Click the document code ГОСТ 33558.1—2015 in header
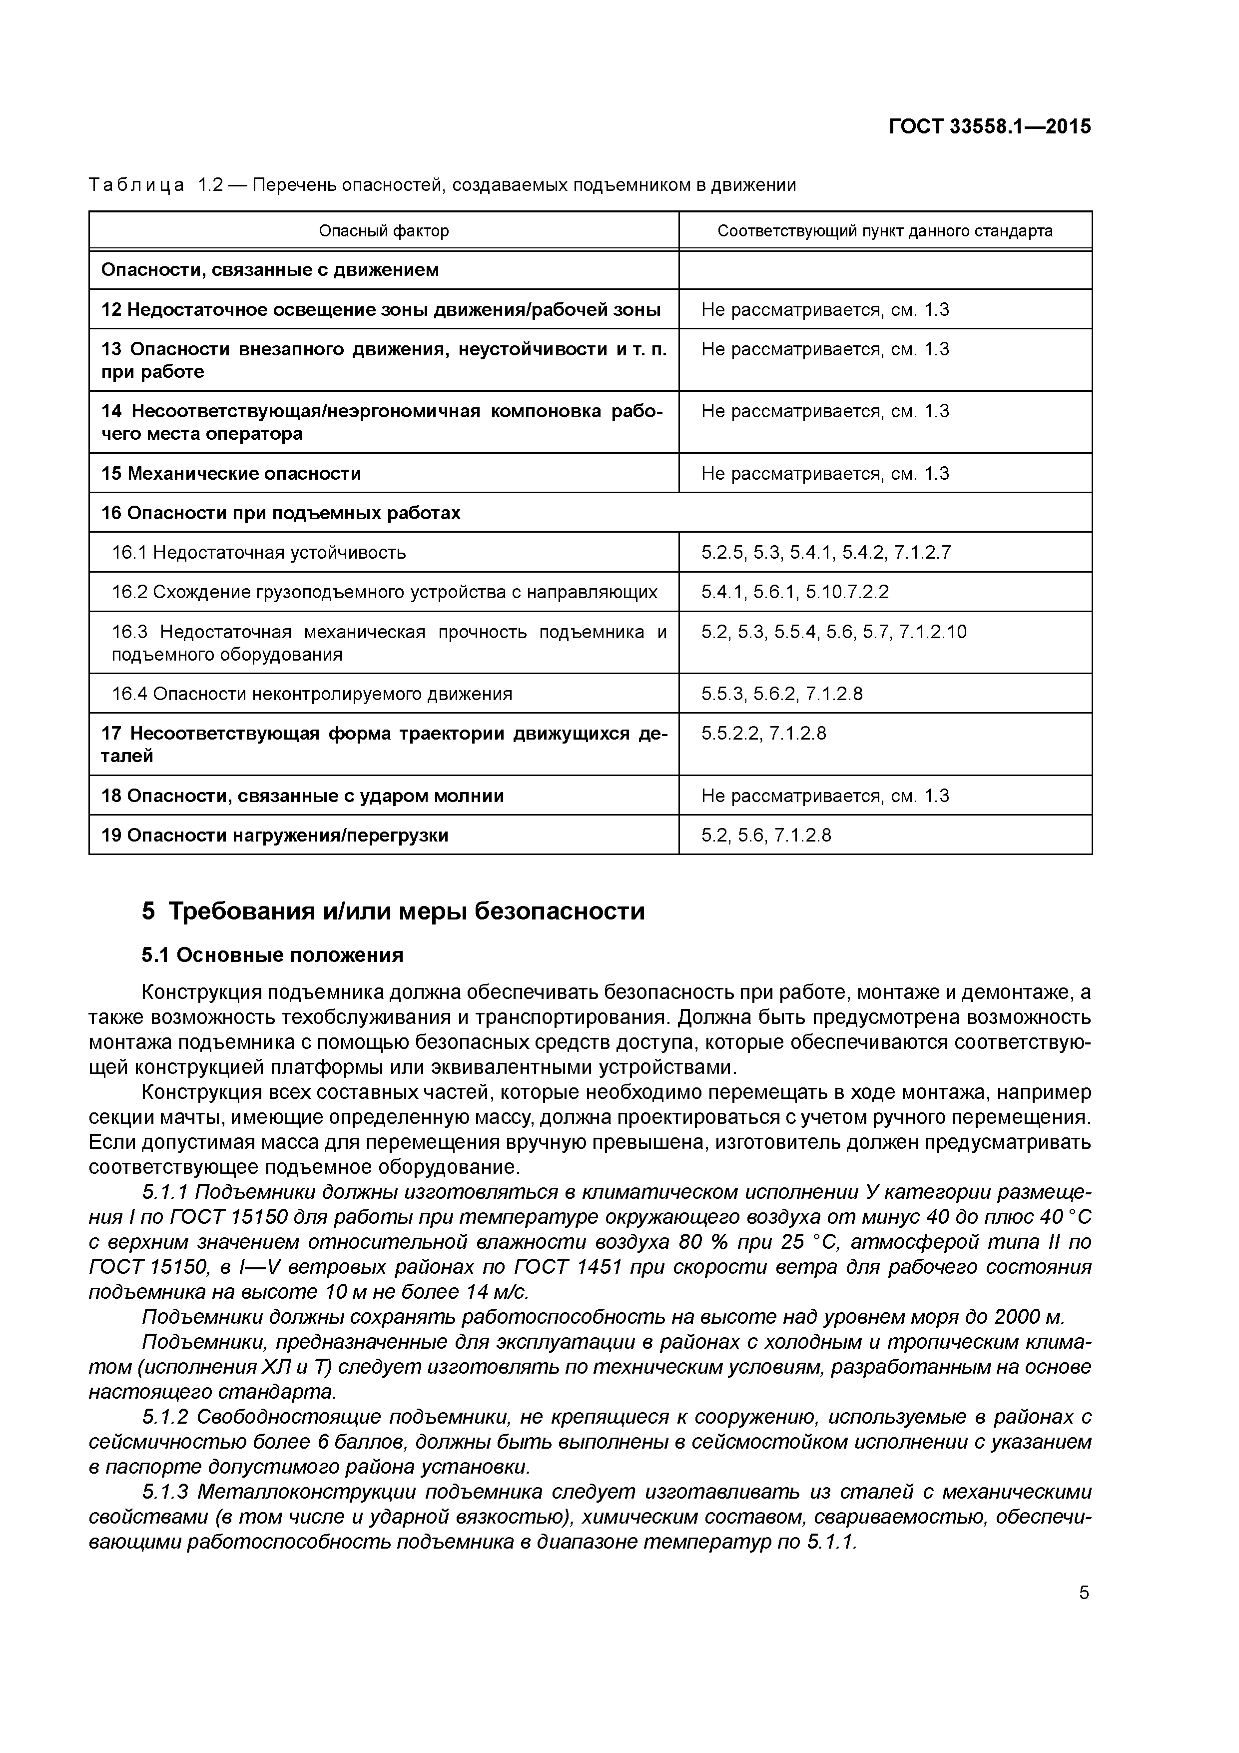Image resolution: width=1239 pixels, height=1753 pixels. pyautogui.click(x=989, y=127)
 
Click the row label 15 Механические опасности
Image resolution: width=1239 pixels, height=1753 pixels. pyautogui.click(x=231, y=473)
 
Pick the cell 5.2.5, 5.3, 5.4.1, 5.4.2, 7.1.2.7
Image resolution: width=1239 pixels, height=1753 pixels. pyautogui.click(x=826, y=552)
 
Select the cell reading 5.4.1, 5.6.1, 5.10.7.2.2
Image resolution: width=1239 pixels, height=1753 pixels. pyautogui.click(x=795, y=592)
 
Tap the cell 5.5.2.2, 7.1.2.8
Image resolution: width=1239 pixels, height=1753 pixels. pyautogui.click(x=763, y=733)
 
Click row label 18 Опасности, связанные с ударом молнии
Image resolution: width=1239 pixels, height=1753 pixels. pyautogui.click(x=302, y=796)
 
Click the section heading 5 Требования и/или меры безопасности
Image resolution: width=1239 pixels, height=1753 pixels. pyautogui.click(x=393, y=911)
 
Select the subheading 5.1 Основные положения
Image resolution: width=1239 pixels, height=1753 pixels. pyautogui.click(x=273, y=954)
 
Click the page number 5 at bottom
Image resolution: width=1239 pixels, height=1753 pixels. pyautogui.click(x=1083, y=1593)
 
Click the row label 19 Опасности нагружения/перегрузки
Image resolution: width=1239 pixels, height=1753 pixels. pyautogui.click(x=275, y=835)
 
